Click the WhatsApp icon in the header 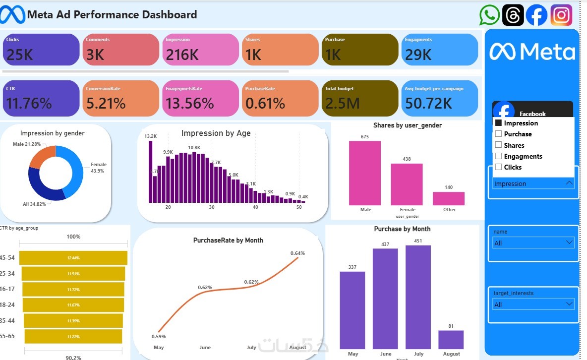(490, 15)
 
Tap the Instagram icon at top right (561, 15)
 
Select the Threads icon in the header (513, 15)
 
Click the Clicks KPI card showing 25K (41, 50)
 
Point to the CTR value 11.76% (29, 103)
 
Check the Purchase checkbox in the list (499, 134)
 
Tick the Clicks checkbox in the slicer (499, 167)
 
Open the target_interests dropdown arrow (569, 304)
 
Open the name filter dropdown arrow (569, 242)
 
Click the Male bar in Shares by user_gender (365, 173)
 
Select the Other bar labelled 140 (449, 198)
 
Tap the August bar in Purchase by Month (451, 340)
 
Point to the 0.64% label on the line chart (297, 253)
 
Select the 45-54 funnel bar (73, 258)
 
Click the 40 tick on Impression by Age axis (255, 207)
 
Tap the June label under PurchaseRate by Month (205, 347)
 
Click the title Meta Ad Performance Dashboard (112, 15)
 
